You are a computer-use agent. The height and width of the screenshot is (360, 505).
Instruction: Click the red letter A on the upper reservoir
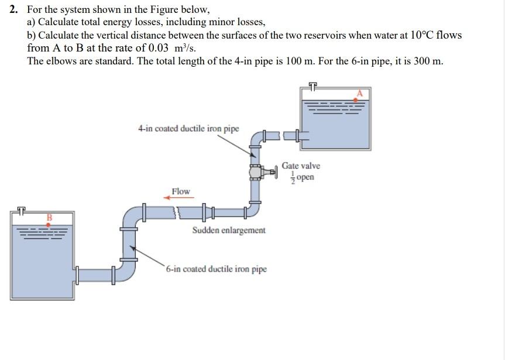pos(360,92)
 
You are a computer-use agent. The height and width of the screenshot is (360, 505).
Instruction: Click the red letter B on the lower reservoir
pos(50,218)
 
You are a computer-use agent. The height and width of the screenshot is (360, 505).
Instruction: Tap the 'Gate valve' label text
pos(301,166)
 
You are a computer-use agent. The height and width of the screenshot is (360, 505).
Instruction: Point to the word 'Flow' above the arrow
pos(181,191)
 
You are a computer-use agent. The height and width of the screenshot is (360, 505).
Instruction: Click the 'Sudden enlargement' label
pos(228,230)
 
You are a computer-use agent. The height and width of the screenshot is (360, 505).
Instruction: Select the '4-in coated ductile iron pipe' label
pos(188,128)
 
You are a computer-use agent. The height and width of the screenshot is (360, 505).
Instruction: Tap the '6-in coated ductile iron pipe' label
pos(216,269)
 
